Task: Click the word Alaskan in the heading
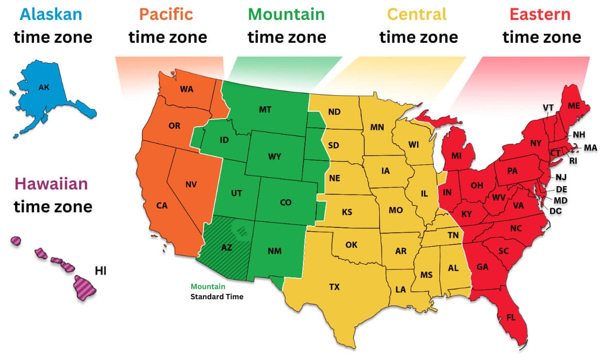[51, 14]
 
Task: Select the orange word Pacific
[167, 14]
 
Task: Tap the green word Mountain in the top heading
[286, 14]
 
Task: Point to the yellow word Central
[418, 14]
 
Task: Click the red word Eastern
[540, 14]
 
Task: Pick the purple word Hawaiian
[51, 184]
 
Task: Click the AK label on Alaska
[44, 88]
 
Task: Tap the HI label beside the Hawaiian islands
[101, 271]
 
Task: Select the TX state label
[334, 287]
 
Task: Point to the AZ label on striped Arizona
[227, 247]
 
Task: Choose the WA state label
[186, 89]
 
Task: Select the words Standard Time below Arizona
[217, 296]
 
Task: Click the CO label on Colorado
[286, 202]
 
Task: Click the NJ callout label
[561, 177]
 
